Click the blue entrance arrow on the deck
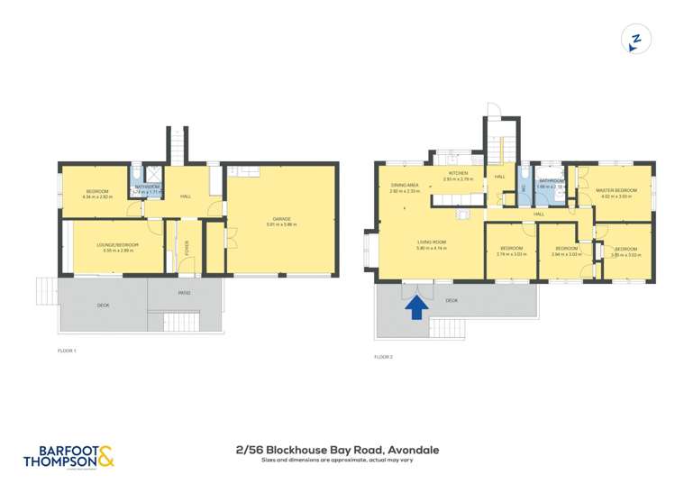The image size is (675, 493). pos(416,308)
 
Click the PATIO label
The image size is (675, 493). pos(184,293)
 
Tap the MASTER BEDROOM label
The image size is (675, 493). pos(616,190)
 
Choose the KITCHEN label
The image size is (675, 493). pos(458,173)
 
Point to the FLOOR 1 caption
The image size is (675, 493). pos(68,349)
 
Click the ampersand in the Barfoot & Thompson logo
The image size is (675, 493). pos(105,458)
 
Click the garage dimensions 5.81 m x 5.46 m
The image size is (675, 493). pos(281,224)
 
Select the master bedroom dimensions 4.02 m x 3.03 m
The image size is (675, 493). pos(616,196)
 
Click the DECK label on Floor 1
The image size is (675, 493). pos(104,306)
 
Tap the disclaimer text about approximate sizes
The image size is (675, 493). pos(336,461)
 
